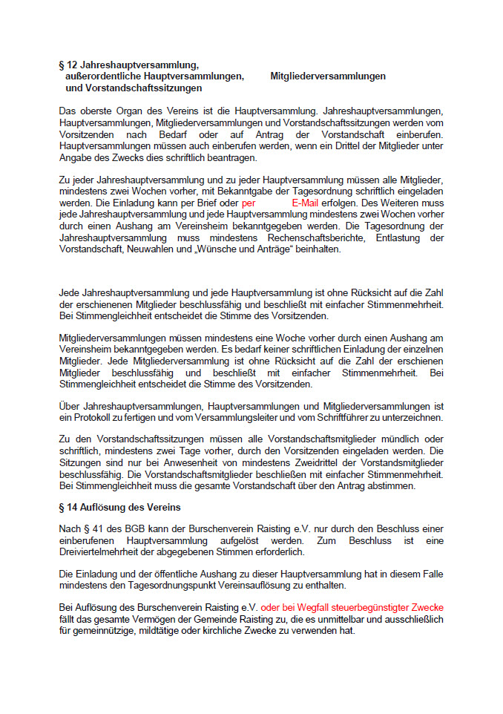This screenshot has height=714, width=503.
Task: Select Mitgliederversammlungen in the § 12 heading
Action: [x=328, y=76]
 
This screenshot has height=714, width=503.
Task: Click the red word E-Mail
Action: [x=305, y=202]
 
